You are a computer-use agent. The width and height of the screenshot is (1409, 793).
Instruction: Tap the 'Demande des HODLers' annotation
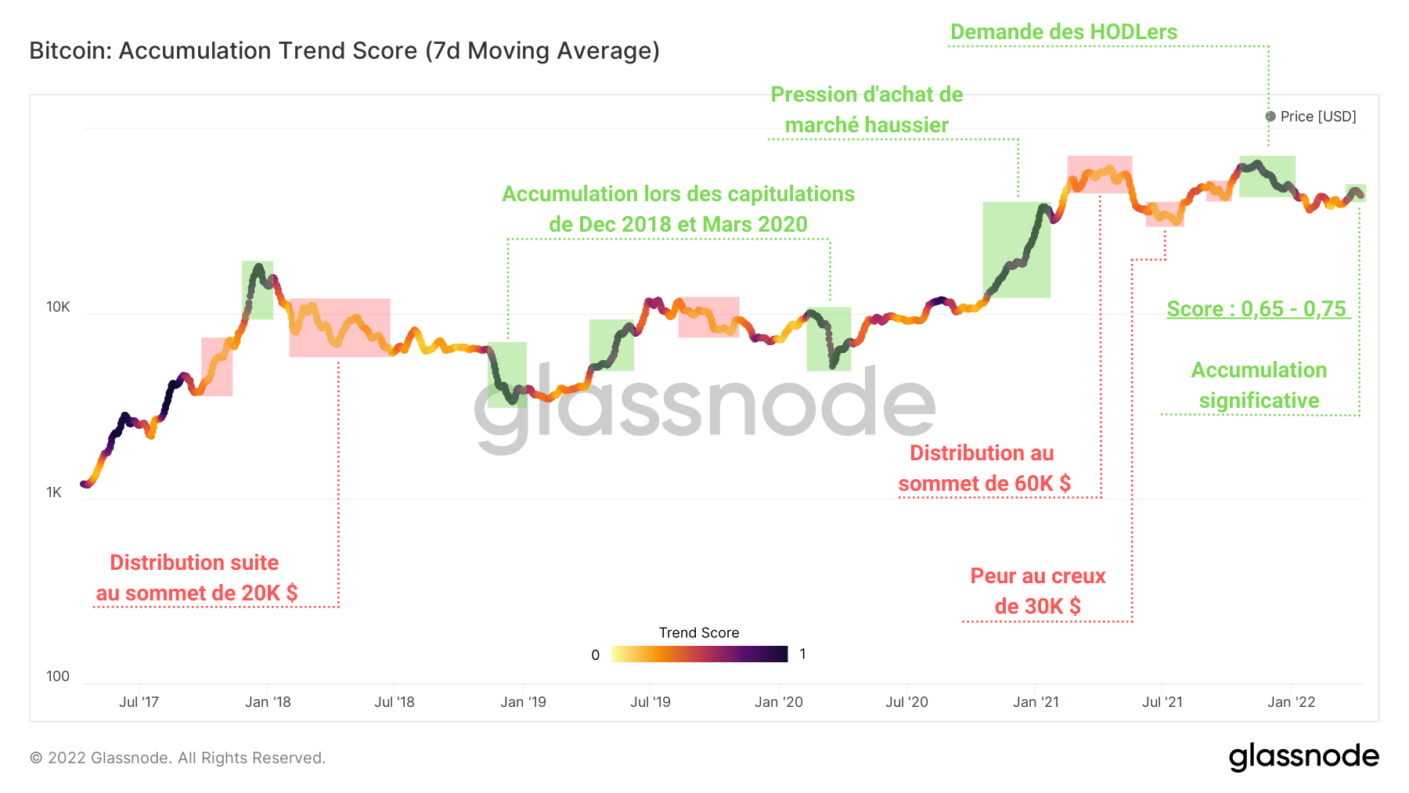(1063, 32)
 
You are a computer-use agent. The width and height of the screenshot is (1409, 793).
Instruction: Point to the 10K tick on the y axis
(58, 307)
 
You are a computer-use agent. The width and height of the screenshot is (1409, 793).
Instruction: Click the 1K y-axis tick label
(53, 492)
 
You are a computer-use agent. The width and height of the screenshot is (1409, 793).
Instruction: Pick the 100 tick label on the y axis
(57, 676)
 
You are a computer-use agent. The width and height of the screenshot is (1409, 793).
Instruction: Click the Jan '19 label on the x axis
(523, 702)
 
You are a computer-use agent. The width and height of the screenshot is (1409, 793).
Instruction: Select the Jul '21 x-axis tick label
(1162, 702)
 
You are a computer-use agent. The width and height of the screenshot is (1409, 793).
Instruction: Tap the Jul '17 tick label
(139, 702)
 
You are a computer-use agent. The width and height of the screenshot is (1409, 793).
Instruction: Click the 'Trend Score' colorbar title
(698, 633)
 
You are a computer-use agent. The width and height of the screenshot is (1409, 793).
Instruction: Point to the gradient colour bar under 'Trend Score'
(699, 654)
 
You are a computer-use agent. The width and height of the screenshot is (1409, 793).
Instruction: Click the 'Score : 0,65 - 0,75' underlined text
(1256, 309)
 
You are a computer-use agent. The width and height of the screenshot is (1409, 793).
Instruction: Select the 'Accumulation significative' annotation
(1259, 385)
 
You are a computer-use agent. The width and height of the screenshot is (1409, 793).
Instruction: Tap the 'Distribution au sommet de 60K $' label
(983, 468)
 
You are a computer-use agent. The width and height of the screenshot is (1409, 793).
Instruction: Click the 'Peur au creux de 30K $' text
(1037, 591)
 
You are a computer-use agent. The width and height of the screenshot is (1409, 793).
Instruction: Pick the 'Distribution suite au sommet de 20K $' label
(196, 578)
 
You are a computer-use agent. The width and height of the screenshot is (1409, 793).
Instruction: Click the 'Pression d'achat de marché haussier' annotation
(867, 110)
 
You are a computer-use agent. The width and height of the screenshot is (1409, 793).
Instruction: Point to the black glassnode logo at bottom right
(1303, 757)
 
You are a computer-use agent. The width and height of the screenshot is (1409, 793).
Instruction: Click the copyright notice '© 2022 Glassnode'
(177, 758)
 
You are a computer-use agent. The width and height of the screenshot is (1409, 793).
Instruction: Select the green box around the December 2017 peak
(258, 290)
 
